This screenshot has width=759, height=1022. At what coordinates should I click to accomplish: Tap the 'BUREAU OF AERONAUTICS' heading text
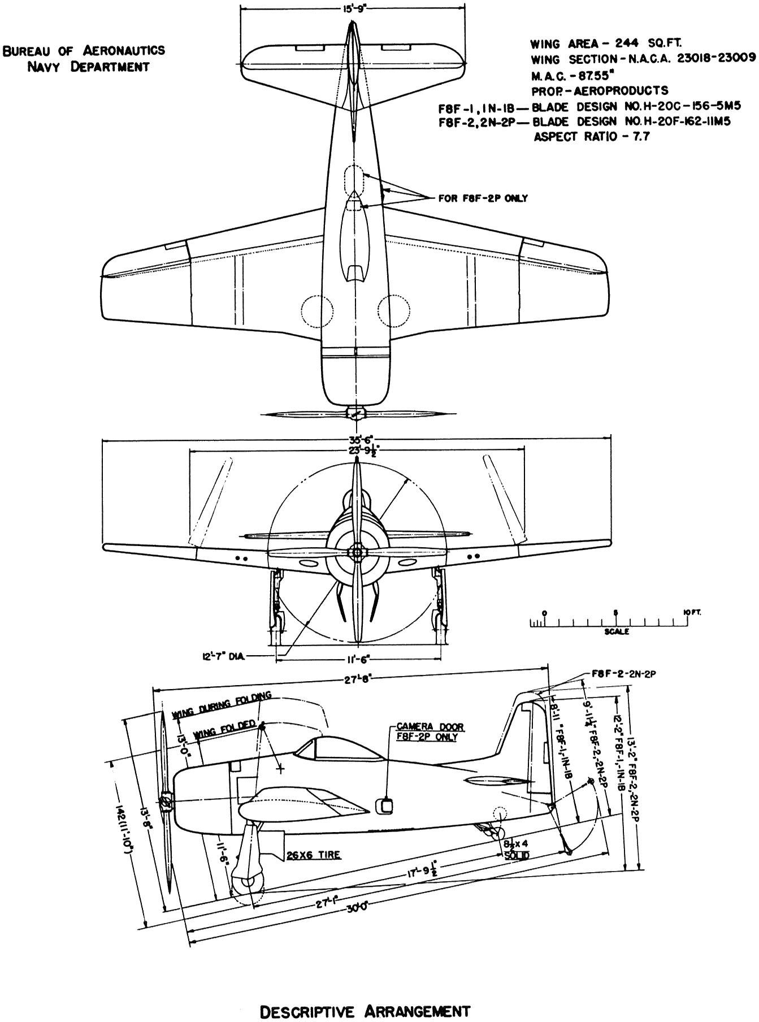[x=84, y=50]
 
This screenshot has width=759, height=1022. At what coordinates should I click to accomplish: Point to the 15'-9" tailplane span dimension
[x=353, y=8]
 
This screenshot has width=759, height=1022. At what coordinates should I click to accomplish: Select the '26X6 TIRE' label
[x=313, y=855]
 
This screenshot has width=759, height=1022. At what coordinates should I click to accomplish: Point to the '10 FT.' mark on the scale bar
[x=689, y=613]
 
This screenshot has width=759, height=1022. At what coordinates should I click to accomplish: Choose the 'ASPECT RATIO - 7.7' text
[x=592, y=136]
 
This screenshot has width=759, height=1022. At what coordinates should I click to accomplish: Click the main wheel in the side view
[x=248, y=884]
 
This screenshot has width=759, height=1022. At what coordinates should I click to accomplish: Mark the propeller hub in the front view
[x=356, y=551]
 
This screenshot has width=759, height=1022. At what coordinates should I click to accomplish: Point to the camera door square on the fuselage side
[x=385, y=805]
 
